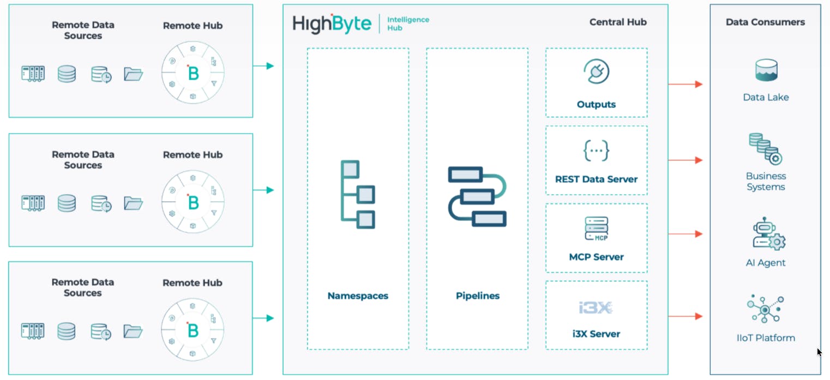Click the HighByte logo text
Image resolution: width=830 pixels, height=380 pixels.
coord(332,24)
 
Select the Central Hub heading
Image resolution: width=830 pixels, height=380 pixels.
coord(617,22)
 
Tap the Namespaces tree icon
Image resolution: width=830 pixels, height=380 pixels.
coord(358,194)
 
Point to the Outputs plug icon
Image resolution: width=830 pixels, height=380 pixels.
coord(596,72)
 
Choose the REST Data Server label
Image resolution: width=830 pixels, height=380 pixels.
coord(596,179)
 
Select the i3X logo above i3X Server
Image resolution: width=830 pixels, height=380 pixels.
coord(596,307)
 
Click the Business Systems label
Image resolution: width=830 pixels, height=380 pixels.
coord(766,182)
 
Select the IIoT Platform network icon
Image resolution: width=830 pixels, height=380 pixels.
coord(765,310)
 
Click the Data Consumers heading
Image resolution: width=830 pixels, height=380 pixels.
coord(765,22)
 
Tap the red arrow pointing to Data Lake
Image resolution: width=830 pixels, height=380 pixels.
coord(685,85)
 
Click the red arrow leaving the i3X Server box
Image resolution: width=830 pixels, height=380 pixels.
coord(685,316)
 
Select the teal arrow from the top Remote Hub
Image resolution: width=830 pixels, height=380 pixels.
coord(263,66)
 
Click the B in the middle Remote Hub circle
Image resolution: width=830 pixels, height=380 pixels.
coord(193,202)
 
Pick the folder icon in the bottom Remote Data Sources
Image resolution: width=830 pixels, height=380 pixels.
coord(133,330)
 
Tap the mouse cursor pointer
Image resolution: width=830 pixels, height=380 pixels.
coord(819,352)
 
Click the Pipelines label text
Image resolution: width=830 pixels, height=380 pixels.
coord(477,296)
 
